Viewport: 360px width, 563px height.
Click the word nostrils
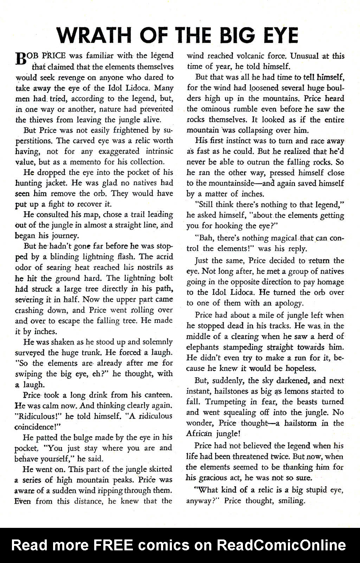coord(154,267)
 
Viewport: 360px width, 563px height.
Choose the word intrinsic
coord(158,151)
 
